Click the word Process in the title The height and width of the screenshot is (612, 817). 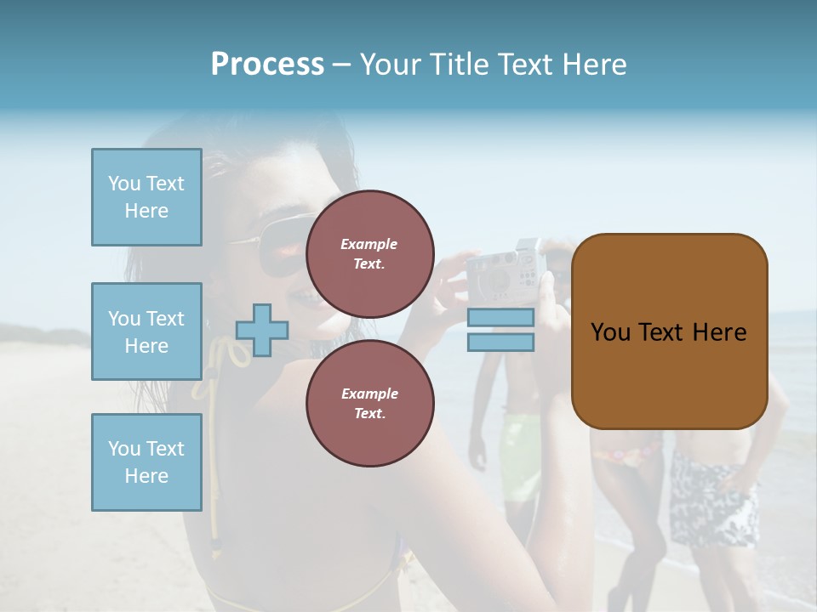click(x=267, y=65)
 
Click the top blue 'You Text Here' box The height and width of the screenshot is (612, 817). click(x=146, y=197)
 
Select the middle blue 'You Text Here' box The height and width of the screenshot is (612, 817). click(x=146, y=331)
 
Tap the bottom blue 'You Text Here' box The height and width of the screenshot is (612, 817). click(x=146, y=462)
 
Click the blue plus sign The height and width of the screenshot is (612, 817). click(x=262, y=330)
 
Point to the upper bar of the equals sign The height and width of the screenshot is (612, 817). click(x=500, y=317)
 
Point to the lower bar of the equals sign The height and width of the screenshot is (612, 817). click(x=500, y=343)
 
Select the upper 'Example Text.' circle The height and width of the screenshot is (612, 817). click(x=369, y=253)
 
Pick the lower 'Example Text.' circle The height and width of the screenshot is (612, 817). click(x=369, y=403)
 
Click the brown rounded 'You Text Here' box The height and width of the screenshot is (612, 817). click(x=669, y=331)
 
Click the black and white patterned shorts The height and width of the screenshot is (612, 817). click(x=713, y=501)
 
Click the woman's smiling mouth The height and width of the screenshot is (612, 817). click(x=300, y=297)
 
